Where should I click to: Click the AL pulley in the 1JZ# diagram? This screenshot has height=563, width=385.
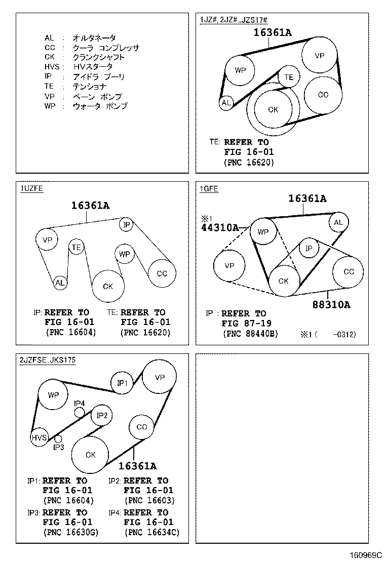pos(226,103)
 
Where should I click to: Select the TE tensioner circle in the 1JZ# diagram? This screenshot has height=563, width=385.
pos(289,77)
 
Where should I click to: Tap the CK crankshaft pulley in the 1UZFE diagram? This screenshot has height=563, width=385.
pos(108,286)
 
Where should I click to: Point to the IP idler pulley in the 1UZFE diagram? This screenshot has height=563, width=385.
pos(127,224)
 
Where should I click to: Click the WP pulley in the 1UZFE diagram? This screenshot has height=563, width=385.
pos(124,254)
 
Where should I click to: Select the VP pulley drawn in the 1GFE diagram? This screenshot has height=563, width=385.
pos(229,266)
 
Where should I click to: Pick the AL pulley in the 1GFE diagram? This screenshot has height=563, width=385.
pos(338,222)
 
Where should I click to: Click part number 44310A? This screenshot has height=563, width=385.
pos(219,228)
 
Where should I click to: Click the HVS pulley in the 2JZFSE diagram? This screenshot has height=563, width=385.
pos(39,438)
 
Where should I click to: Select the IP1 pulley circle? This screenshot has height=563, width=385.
pos(122,383)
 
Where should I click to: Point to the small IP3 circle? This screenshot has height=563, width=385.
pos(58,438)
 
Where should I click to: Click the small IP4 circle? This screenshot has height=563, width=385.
pos(80,412)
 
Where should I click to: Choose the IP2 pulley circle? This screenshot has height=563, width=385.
pos(102,416)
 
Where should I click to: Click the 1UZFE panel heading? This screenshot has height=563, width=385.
pos(31,189)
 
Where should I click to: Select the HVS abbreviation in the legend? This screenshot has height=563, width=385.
pos(52,67)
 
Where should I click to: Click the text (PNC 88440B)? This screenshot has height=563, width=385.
pos(250,334)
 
